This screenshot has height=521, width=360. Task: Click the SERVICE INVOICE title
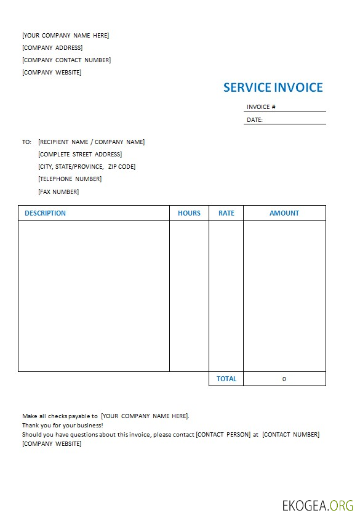(x=273, y=87)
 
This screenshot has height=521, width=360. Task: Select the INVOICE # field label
(x=261, y=107)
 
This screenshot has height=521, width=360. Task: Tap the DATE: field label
(x=255, y=120)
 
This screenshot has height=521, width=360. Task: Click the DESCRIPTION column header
(x=45, y=213)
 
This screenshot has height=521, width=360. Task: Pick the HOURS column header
(x=189, y=213)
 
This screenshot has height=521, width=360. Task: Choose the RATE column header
(x=226, y=213)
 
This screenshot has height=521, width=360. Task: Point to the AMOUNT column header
(x=284, y=213)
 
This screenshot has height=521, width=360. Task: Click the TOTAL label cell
(x=226, y=379)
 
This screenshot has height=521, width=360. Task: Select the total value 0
(x=284, y=379)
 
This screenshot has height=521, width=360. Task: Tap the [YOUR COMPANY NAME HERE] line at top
(x=65, y=36)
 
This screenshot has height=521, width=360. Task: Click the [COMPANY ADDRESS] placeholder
(x=52, y=48)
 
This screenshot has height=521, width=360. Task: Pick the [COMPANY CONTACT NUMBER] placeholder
(x=66, y=60)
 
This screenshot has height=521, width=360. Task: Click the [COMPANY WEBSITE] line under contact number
(x=52, y=73)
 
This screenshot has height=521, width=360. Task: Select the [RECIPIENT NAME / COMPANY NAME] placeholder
(x=91, y=142)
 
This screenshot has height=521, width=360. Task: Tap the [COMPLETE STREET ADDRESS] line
(x=80, y=155)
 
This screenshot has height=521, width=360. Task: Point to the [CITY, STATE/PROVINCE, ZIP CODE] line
(x=87, y=167)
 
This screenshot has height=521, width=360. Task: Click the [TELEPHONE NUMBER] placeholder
(x=70, y=179)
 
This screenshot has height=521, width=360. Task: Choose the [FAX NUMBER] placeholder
(x=58, y=192)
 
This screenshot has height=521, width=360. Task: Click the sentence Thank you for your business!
(x=63, y=425)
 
